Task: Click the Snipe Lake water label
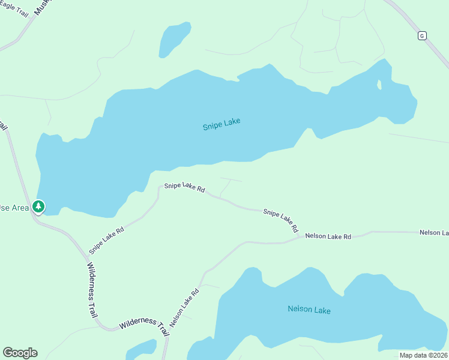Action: (221, 124)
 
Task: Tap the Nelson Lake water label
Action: (309, 310)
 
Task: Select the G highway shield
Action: (422, 36)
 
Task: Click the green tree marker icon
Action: (39, 207)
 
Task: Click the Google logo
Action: (20, 353)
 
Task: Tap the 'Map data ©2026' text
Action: (423, 355)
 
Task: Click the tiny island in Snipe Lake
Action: (379, 85)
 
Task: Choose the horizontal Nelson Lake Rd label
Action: (328, 236)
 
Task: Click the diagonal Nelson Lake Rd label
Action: (184, 308)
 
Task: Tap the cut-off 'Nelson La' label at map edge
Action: (433, 232)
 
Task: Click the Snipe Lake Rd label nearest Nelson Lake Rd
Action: (281, 221)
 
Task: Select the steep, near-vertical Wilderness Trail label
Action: (91, 289)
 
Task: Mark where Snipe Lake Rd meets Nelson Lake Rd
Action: (300, 238)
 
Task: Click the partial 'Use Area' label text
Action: (12, 208)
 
